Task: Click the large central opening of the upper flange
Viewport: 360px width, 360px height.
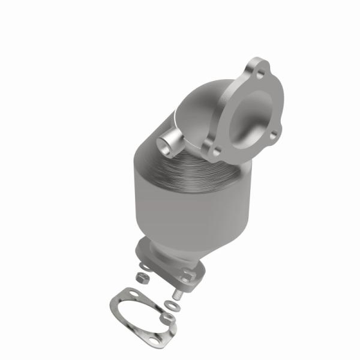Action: coord(248,117)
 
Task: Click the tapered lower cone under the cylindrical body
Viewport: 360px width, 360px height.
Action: coord(174,240)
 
